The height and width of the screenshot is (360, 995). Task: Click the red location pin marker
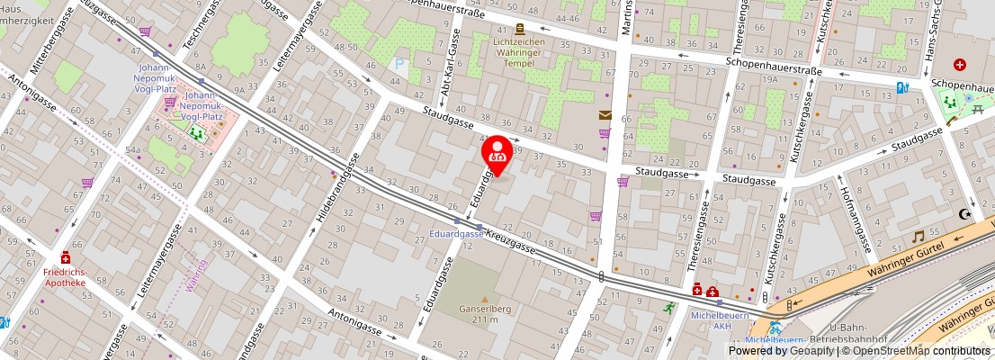click(x=497, y=152)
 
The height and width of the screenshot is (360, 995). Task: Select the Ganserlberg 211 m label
click(x=485, y=314)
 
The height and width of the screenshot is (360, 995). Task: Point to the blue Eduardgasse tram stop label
click(x=456, y=234)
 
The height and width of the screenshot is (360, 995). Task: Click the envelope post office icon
click(x=605, y=114)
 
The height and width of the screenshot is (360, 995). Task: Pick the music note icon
click(x=918, y=236)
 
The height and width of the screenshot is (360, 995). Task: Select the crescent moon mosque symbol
click(x=965, y=214)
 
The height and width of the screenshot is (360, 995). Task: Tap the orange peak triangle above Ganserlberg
click(x=485, y=299)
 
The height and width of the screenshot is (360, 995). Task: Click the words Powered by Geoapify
click(x=780, y=351)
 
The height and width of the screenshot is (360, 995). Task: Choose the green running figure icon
click(x=668, y=307)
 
